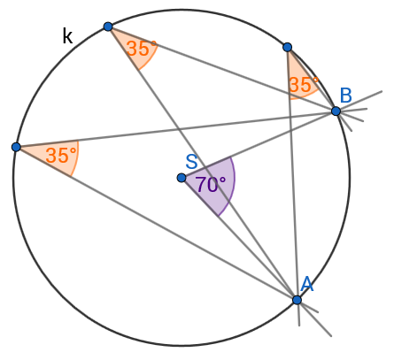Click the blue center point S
[182, 178]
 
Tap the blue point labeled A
[297, 300]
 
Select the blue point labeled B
[336, 111]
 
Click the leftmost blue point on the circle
[16, 147]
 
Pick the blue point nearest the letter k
[108, 27]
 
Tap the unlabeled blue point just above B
[287, 47]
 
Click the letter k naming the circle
[67, 36]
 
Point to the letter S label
[191, 162]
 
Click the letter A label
[307, 284]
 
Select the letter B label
[346, 96]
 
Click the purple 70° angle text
[211, 185]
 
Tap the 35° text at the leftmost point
[61, 155]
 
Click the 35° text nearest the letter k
[142, 49]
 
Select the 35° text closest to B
[304, 85]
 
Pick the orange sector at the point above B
[301, 80]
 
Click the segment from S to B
[259, 144]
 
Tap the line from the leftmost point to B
[176, 129]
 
